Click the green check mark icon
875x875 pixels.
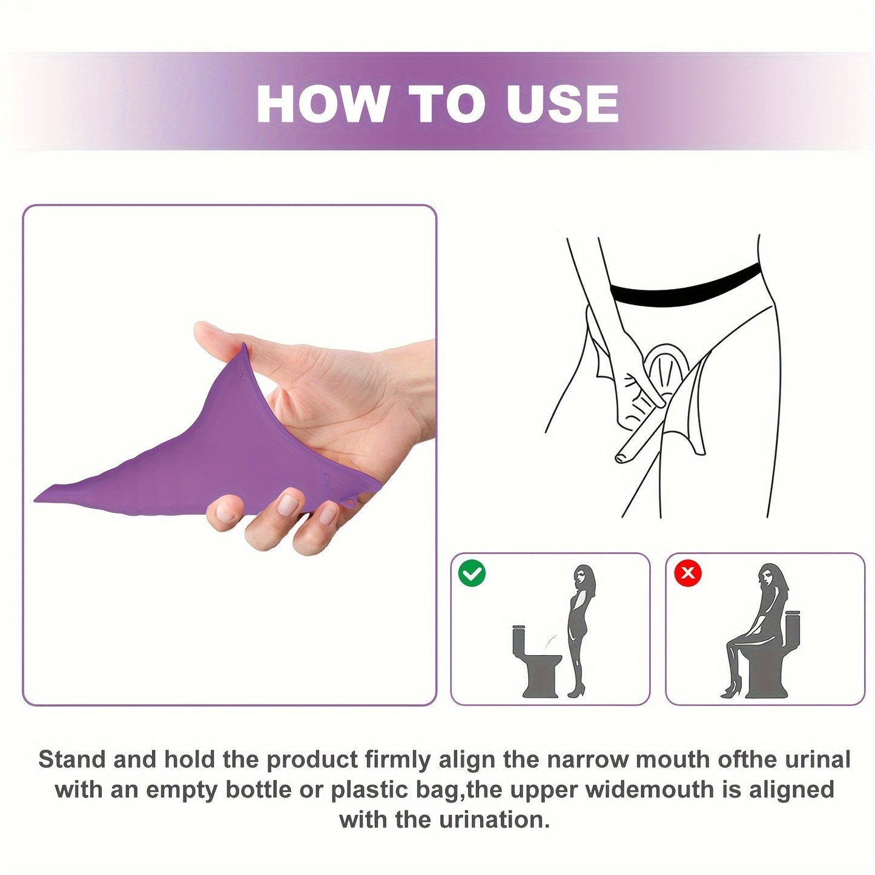coord(472,573)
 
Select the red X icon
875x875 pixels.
coord(688,573)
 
